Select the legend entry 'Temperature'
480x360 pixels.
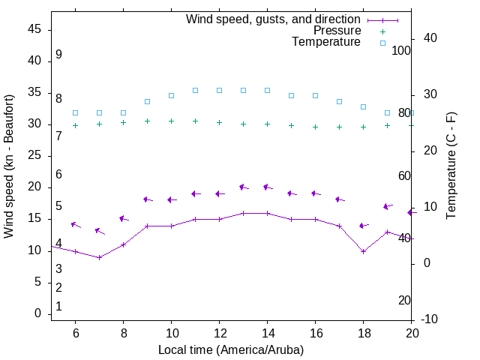tap(326, 42)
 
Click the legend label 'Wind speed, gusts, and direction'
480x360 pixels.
tap(274, 19)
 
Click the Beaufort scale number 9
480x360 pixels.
tap(58, 55)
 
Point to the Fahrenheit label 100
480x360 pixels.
tap(401, 50)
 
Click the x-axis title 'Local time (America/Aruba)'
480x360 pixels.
tap(231, 349)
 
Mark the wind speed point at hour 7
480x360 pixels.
tap(99, 257)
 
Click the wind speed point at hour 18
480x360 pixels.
tap(363, 251)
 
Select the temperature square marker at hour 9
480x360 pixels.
tap(147, 101)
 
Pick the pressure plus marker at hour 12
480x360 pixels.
tap(219, 122)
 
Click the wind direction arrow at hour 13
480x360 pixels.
tap(243, 187)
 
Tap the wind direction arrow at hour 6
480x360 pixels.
tap(75, 224)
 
